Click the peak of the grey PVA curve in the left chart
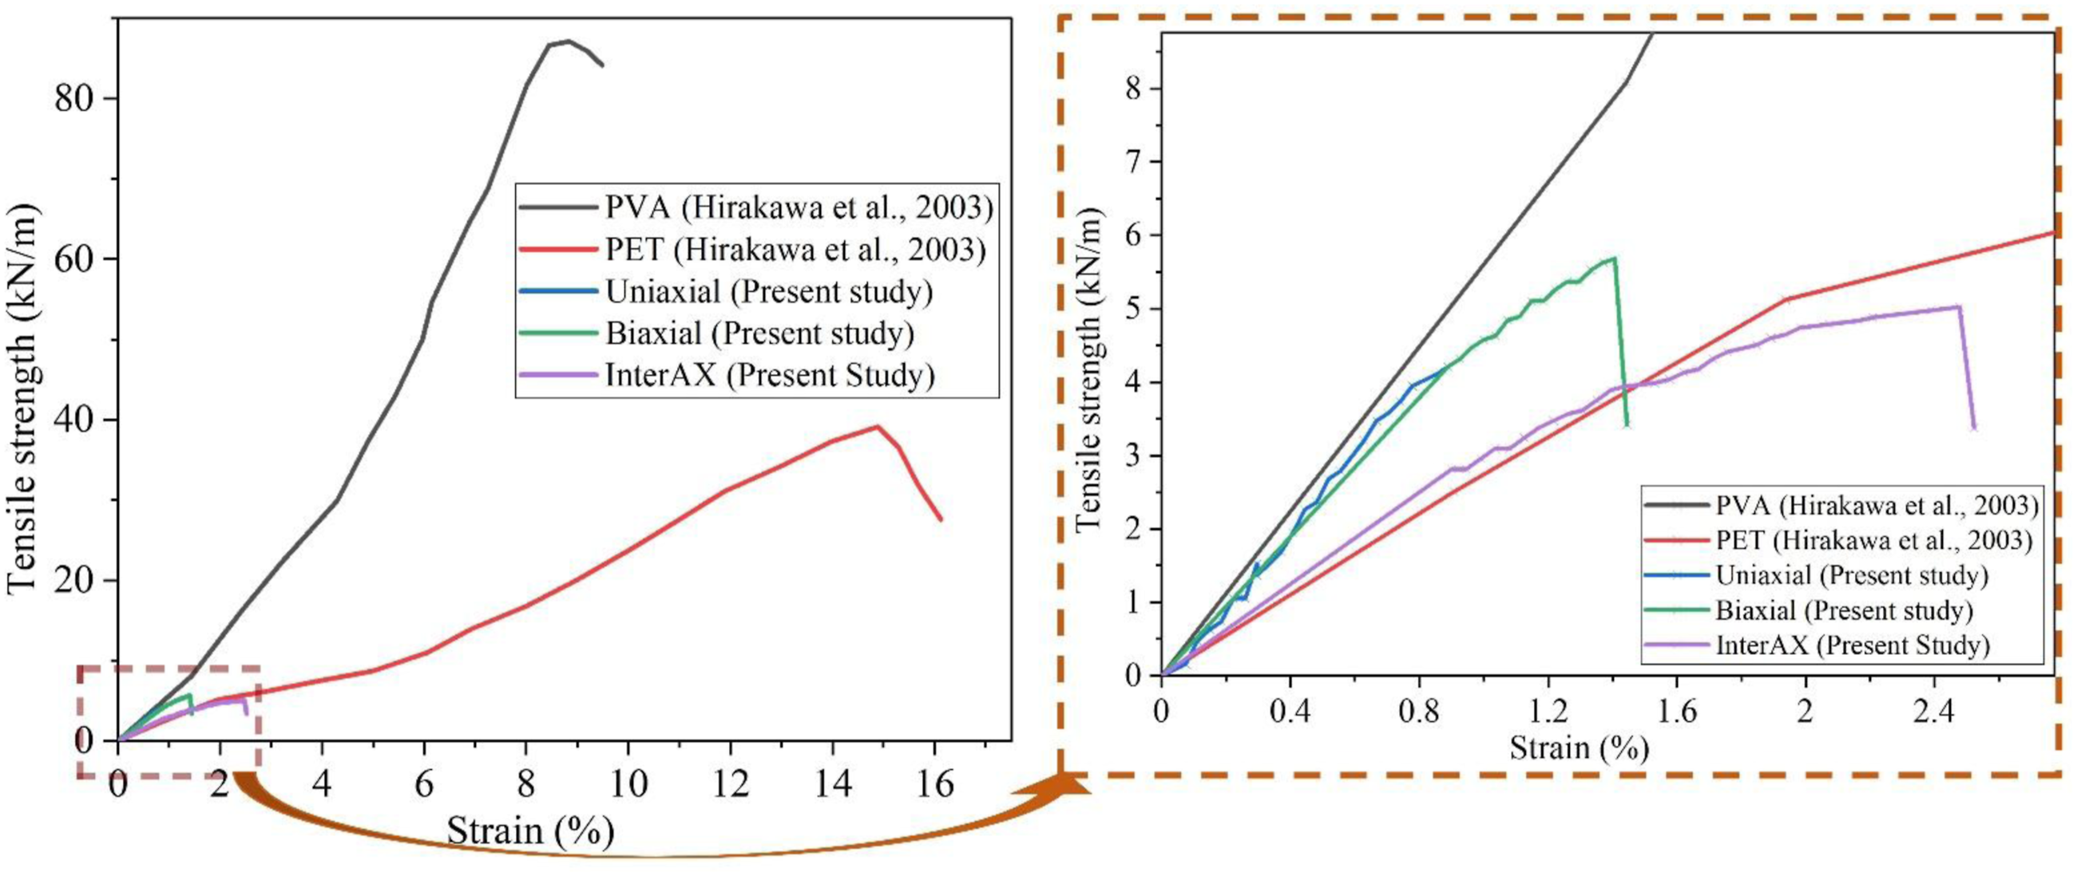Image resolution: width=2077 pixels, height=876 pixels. pos(569,41)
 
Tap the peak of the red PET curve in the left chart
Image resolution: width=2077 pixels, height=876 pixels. pos(878,426)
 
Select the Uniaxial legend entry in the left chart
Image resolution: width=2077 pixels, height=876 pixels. pos(726,291)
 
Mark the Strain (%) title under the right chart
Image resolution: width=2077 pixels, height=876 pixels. pos(1579,748)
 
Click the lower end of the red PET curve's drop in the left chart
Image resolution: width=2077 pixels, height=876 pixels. pos(940,520)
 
